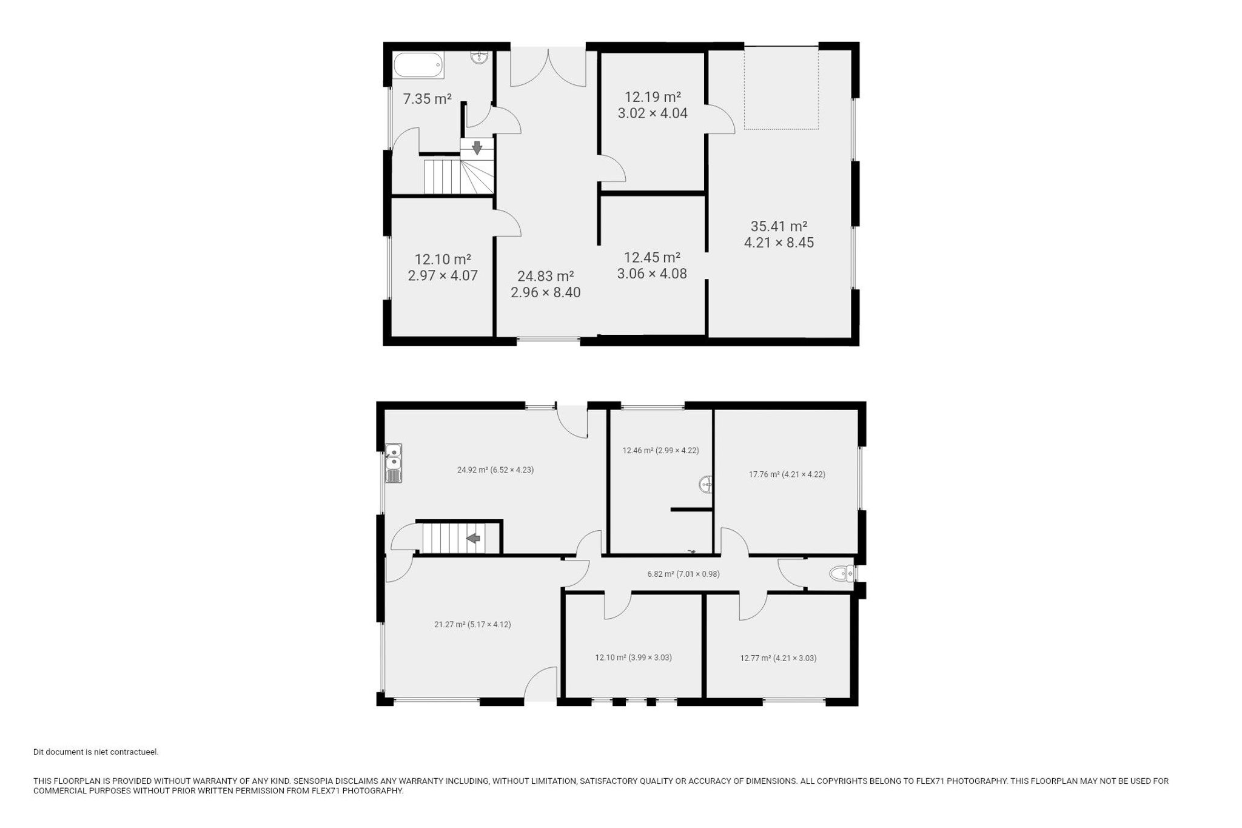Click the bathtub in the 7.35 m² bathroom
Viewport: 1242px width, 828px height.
tap(418, 65)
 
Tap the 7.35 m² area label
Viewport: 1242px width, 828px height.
tap(428, 99)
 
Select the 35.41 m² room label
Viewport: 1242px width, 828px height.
tap(779, 226)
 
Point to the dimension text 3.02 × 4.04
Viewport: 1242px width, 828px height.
tap(653, 113)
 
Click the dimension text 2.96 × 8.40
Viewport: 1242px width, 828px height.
tap(546, 292)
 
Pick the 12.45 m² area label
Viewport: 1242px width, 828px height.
tap(652, 257)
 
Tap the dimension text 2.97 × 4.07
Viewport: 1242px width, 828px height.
tap(443, 275)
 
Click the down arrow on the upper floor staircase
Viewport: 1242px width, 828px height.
tap(477, 147)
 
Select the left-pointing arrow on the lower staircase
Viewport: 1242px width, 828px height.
tap(473, 537)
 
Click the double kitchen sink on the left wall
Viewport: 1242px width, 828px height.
tap(394, 463)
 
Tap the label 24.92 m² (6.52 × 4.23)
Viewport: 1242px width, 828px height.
tap(495, 470)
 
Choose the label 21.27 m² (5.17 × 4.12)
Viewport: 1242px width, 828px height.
tap(472, 624)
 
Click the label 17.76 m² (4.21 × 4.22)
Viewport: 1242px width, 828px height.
tap(787, 474)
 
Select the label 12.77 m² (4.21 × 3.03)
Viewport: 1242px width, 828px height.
tap(778, 658)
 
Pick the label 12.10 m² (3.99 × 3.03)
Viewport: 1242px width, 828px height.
tap(633, 657)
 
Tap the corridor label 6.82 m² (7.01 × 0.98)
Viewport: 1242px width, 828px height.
tap(683, 574)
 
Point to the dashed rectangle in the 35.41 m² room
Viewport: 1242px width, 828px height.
tap(781, 88)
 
